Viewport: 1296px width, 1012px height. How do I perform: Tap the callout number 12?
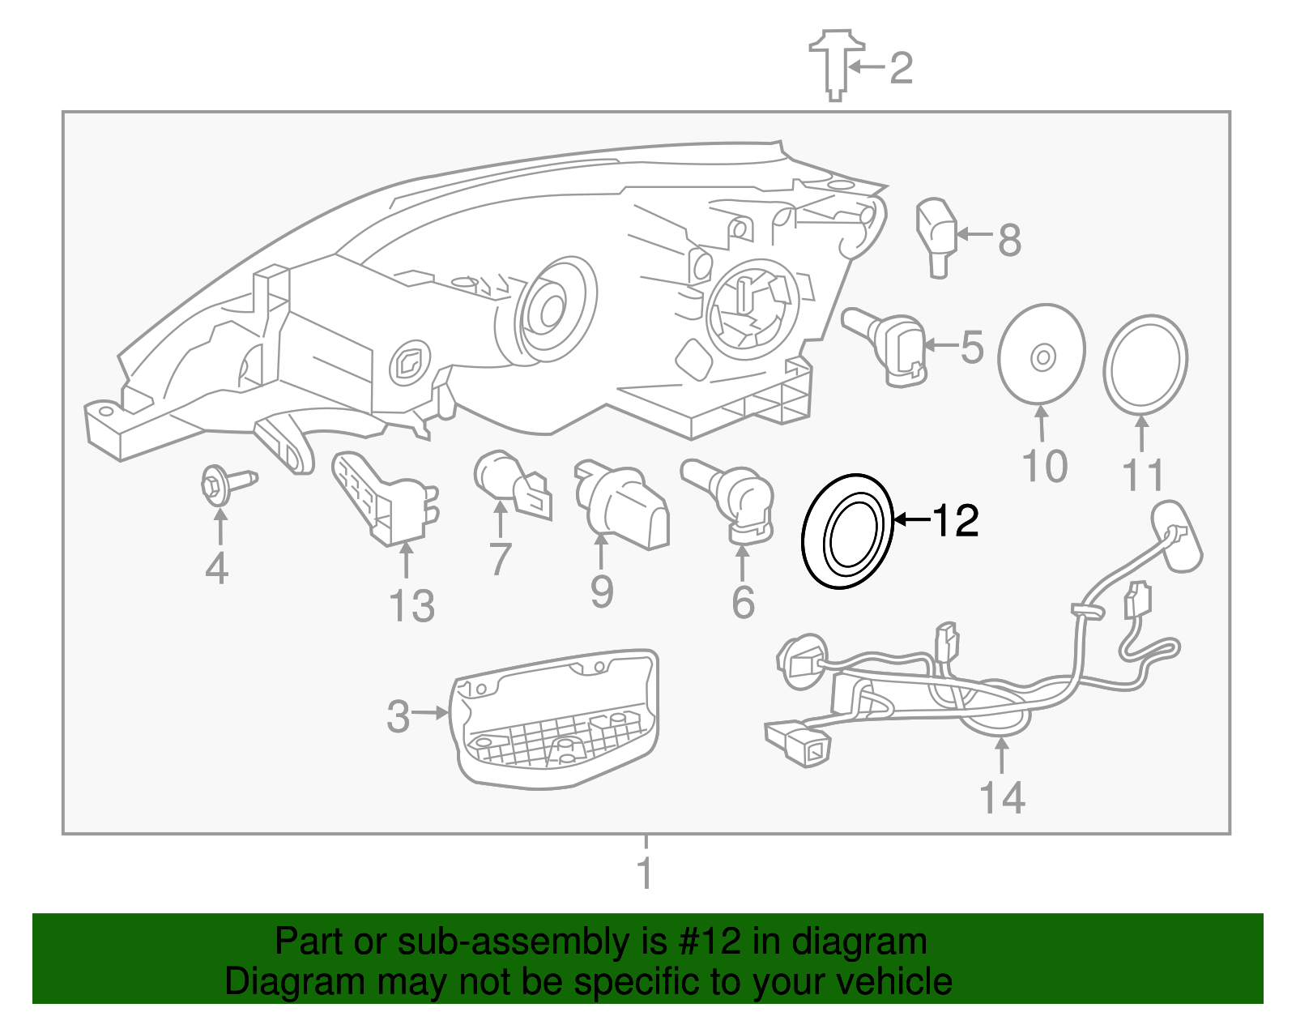956,520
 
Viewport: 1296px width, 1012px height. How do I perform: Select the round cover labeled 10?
1042,354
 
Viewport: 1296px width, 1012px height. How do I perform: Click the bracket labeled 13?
381,497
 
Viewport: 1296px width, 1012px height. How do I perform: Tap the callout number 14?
1002,798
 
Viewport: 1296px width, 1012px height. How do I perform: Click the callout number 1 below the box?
645,873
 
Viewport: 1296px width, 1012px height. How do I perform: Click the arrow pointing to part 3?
430,713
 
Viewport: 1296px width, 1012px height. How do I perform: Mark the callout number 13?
411,606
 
